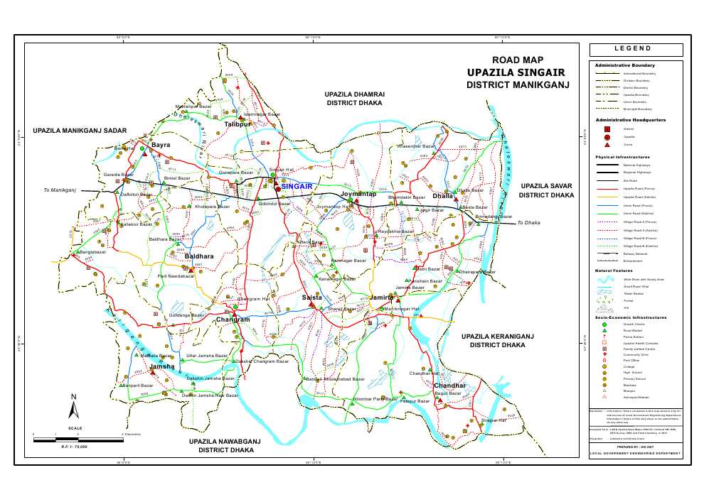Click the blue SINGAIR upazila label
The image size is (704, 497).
pos(297,186)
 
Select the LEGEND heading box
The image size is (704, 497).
pos(636,49)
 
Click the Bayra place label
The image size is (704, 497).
pos(161,145)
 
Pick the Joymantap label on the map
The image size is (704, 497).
pos(358,194)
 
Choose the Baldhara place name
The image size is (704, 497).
pos(199,256)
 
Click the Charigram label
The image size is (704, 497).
pos(233,320)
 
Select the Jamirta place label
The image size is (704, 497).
pos(382,297)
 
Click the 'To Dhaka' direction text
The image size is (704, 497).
pos(528,223)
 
